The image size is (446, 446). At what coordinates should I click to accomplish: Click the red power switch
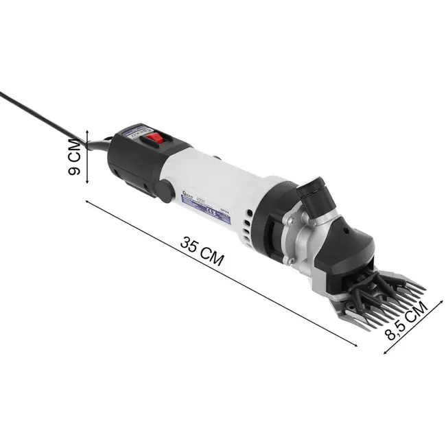click(155, 139)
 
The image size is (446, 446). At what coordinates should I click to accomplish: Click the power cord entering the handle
click(103, 143)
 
